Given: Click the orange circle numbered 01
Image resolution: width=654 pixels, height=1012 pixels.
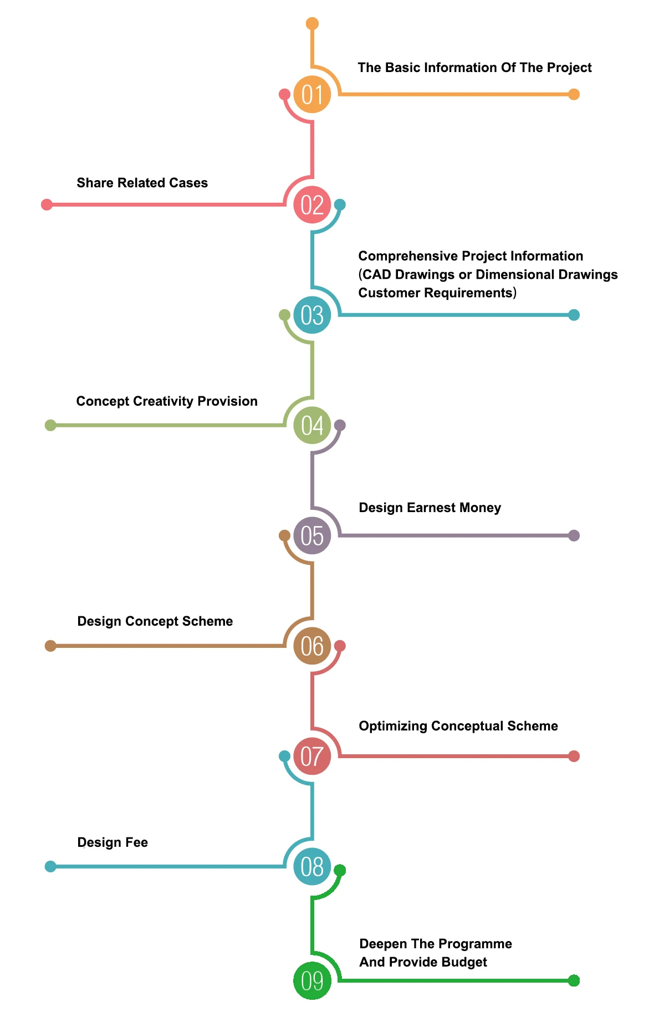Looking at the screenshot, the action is pyautogui.click(x=312, y=94).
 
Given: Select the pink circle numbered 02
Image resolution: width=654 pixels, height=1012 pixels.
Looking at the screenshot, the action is pyautogui.click(x=312, y=205).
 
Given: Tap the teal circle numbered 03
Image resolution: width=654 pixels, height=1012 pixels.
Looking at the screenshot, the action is pyautogui.click(x=312, y=315).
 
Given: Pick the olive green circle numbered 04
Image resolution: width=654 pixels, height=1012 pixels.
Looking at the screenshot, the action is pyautogui.click(x=312, y=425).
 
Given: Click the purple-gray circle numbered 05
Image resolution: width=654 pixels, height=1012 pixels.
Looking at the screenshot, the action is pyautogui.click(x=312, y=535).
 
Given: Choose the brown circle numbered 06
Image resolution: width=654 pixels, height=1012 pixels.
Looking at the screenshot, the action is pyautogui.click(x=312, y=646).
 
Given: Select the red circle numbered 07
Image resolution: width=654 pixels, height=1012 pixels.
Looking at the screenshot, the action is pyautogui.click(x=312, y=756).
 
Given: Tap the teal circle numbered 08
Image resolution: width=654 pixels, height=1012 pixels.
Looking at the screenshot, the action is pyautogui.click(x=312, y=866).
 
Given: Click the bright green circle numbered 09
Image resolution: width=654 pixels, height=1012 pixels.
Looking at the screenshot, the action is pyautogui.click(x=312, y=980).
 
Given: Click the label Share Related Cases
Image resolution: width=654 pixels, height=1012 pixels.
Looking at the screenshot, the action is pyautogui.click(x=142, y=183).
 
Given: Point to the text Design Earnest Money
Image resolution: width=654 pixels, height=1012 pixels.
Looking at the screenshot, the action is pyautogui.click(x=430, y=508).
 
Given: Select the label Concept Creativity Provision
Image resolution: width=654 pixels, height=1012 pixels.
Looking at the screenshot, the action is pyautogui.click(x=167, y=401).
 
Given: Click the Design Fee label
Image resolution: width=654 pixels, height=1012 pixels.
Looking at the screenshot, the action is pyautogui.click(x=113, y=842).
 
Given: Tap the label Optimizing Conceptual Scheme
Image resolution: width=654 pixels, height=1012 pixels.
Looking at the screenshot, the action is pyautogui.click(x=458, y=726).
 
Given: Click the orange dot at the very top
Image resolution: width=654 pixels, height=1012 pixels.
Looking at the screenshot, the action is pyautogui.click(x=312, y=23).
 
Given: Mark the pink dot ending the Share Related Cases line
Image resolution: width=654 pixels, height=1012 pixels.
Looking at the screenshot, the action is pyautogui.click(x=47, y=205).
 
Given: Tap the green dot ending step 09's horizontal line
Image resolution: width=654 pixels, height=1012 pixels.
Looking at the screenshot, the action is pyautogui.click(x=574, y=980).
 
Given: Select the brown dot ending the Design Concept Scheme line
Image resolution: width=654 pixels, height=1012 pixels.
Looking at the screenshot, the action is pyautogui.click(x=50, y=646).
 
